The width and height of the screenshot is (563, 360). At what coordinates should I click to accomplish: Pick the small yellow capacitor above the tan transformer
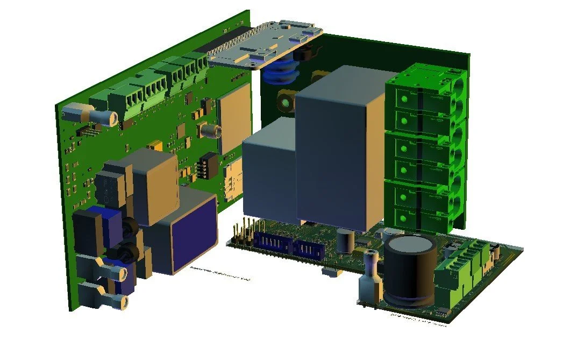coord(156,145)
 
